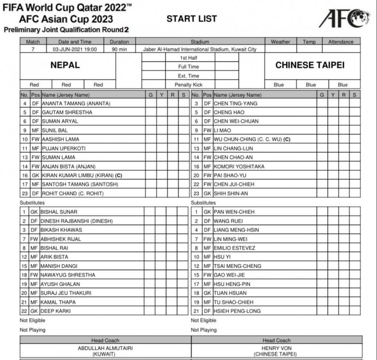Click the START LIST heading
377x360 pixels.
(192, 19)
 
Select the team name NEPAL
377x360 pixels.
(65, 65)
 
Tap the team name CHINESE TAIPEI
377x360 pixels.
(310, 65)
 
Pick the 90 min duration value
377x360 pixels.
(120, 49)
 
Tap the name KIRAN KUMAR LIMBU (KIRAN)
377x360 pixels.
(80, 175)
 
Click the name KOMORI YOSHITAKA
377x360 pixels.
(239, 166)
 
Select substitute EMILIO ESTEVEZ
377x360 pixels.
(234, 248)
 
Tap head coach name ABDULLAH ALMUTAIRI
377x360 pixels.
(105, 348)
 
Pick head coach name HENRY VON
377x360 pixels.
(277, 348)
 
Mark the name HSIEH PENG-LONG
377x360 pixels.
(237, 311)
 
